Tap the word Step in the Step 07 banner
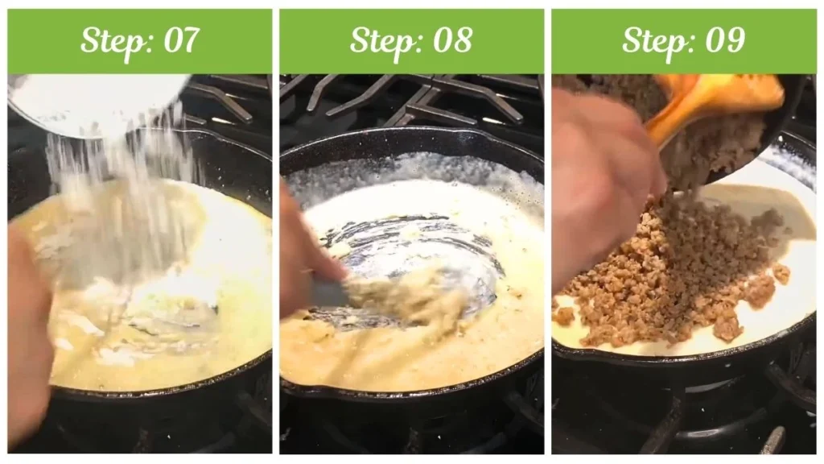coord(111,40)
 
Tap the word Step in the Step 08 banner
coord(382,40)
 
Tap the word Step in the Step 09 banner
coord(654,40)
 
